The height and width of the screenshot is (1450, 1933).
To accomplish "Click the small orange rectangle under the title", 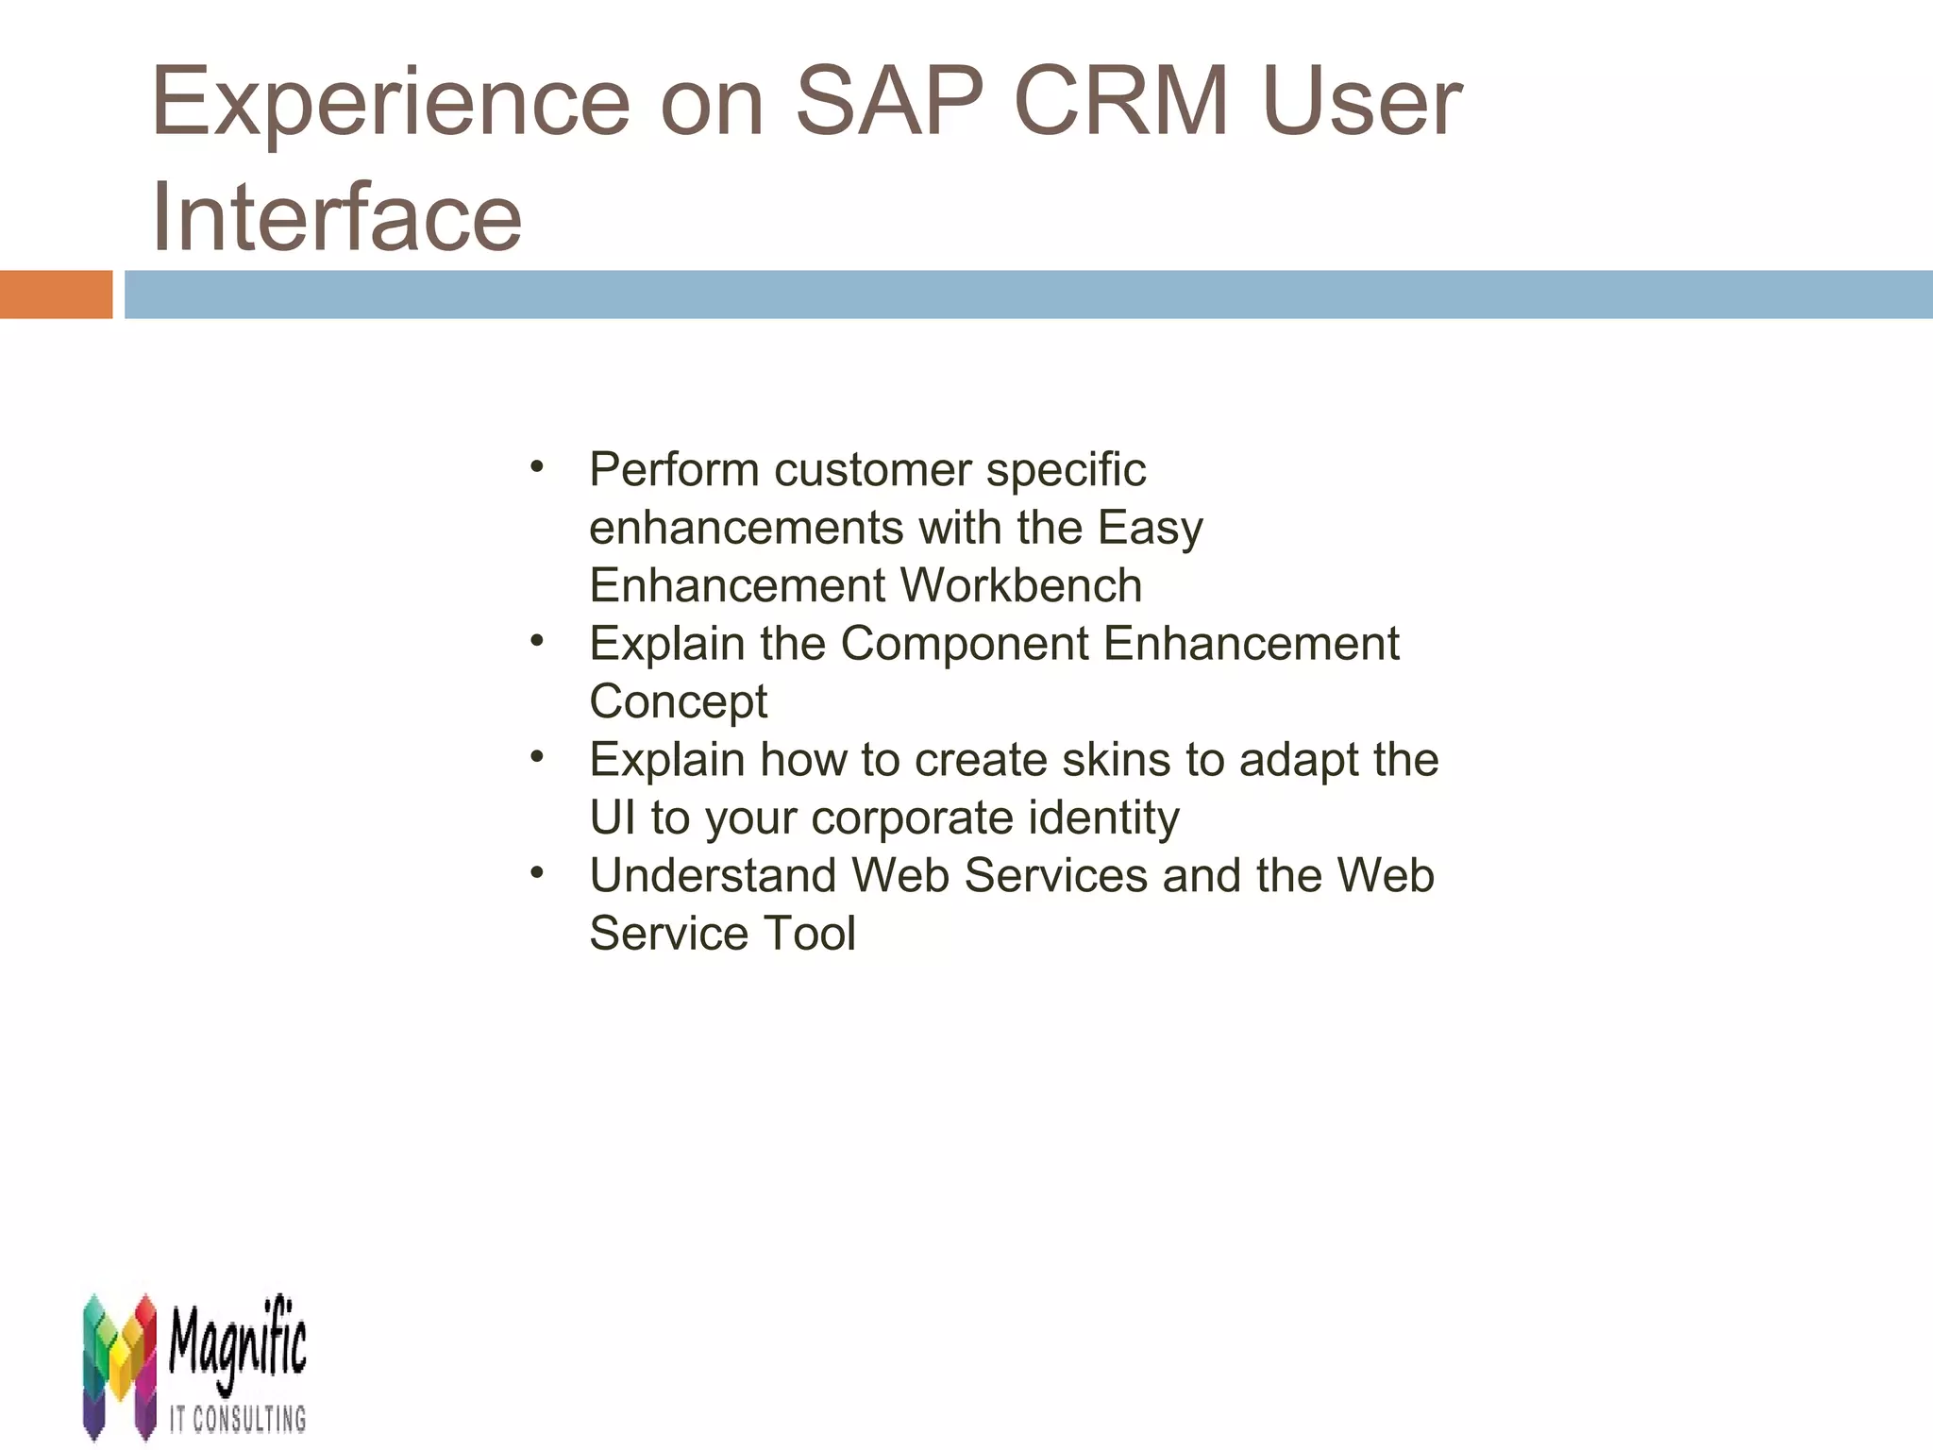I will (x=56, y=295).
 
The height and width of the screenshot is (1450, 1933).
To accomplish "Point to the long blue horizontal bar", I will (x=1028, y=295).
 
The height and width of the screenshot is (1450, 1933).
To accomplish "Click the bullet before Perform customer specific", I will (x=537, y=466).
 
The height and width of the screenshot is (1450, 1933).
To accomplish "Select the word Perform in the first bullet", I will (x=674, y=469).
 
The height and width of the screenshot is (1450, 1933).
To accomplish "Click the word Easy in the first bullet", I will (x=1150, y=528).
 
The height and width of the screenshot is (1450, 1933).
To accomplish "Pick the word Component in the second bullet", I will (x=965, y=644).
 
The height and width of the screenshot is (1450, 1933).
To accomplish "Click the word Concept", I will (x=678, y=701).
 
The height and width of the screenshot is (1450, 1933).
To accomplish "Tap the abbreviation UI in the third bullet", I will (x=613, y=818).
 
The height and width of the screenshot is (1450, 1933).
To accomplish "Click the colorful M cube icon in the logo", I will (x=119, y=1365).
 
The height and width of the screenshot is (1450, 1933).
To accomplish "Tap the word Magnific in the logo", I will (x=238, y=1345).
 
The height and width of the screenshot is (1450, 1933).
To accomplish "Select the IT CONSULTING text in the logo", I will (x=238, y=1419).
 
